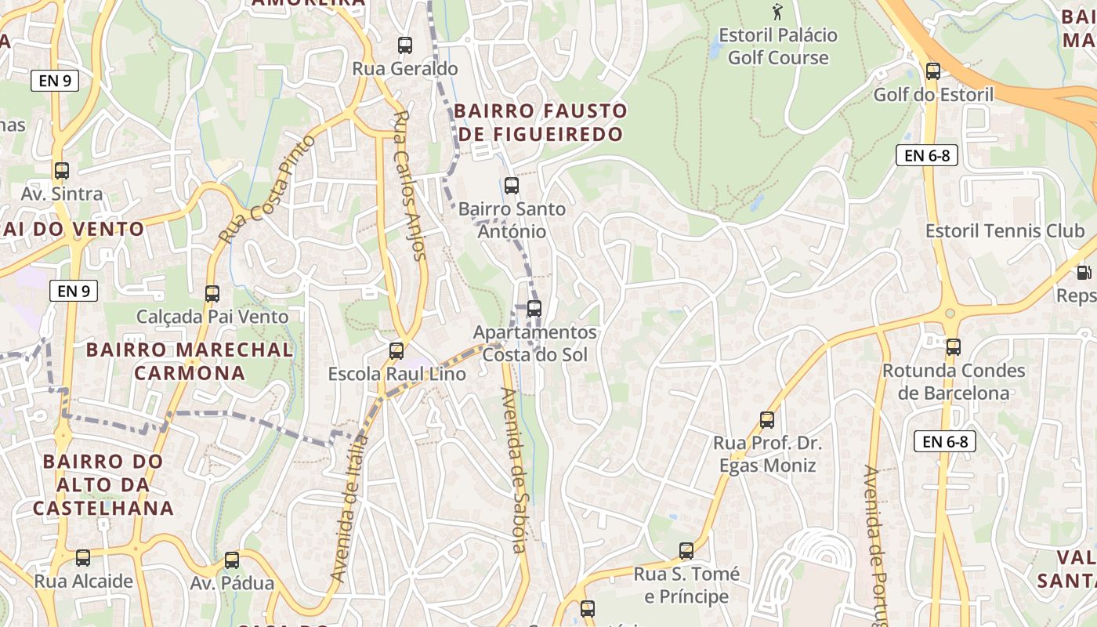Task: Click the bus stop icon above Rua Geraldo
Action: [x=405, y=45]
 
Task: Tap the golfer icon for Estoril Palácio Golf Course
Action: [x=777, y=12]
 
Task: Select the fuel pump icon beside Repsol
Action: [x=1084, y=273]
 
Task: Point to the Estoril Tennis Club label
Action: [x=1005, y=231]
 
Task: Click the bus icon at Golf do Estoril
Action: [x=933, y=71]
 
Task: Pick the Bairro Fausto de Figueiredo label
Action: [x=541, y=122]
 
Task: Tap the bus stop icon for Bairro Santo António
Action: [x=512, y=186]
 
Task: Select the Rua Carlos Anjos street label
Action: [x=410, y=185]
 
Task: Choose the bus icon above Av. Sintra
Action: [x=62, y=170]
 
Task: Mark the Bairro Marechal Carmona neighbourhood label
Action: [x=190, y=361]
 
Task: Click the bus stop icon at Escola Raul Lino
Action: [x=396, y=350]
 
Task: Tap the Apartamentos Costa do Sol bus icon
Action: [x=534, y=309]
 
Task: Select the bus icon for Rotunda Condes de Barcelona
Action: [x=954, y=347]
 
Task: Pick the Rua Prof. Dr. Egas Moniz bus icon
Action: [x=767, y=420]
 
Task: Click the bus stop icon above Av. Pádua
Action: [x=232, y=560]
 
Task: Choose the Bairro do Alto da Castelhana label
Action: [x=103, y=484]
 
